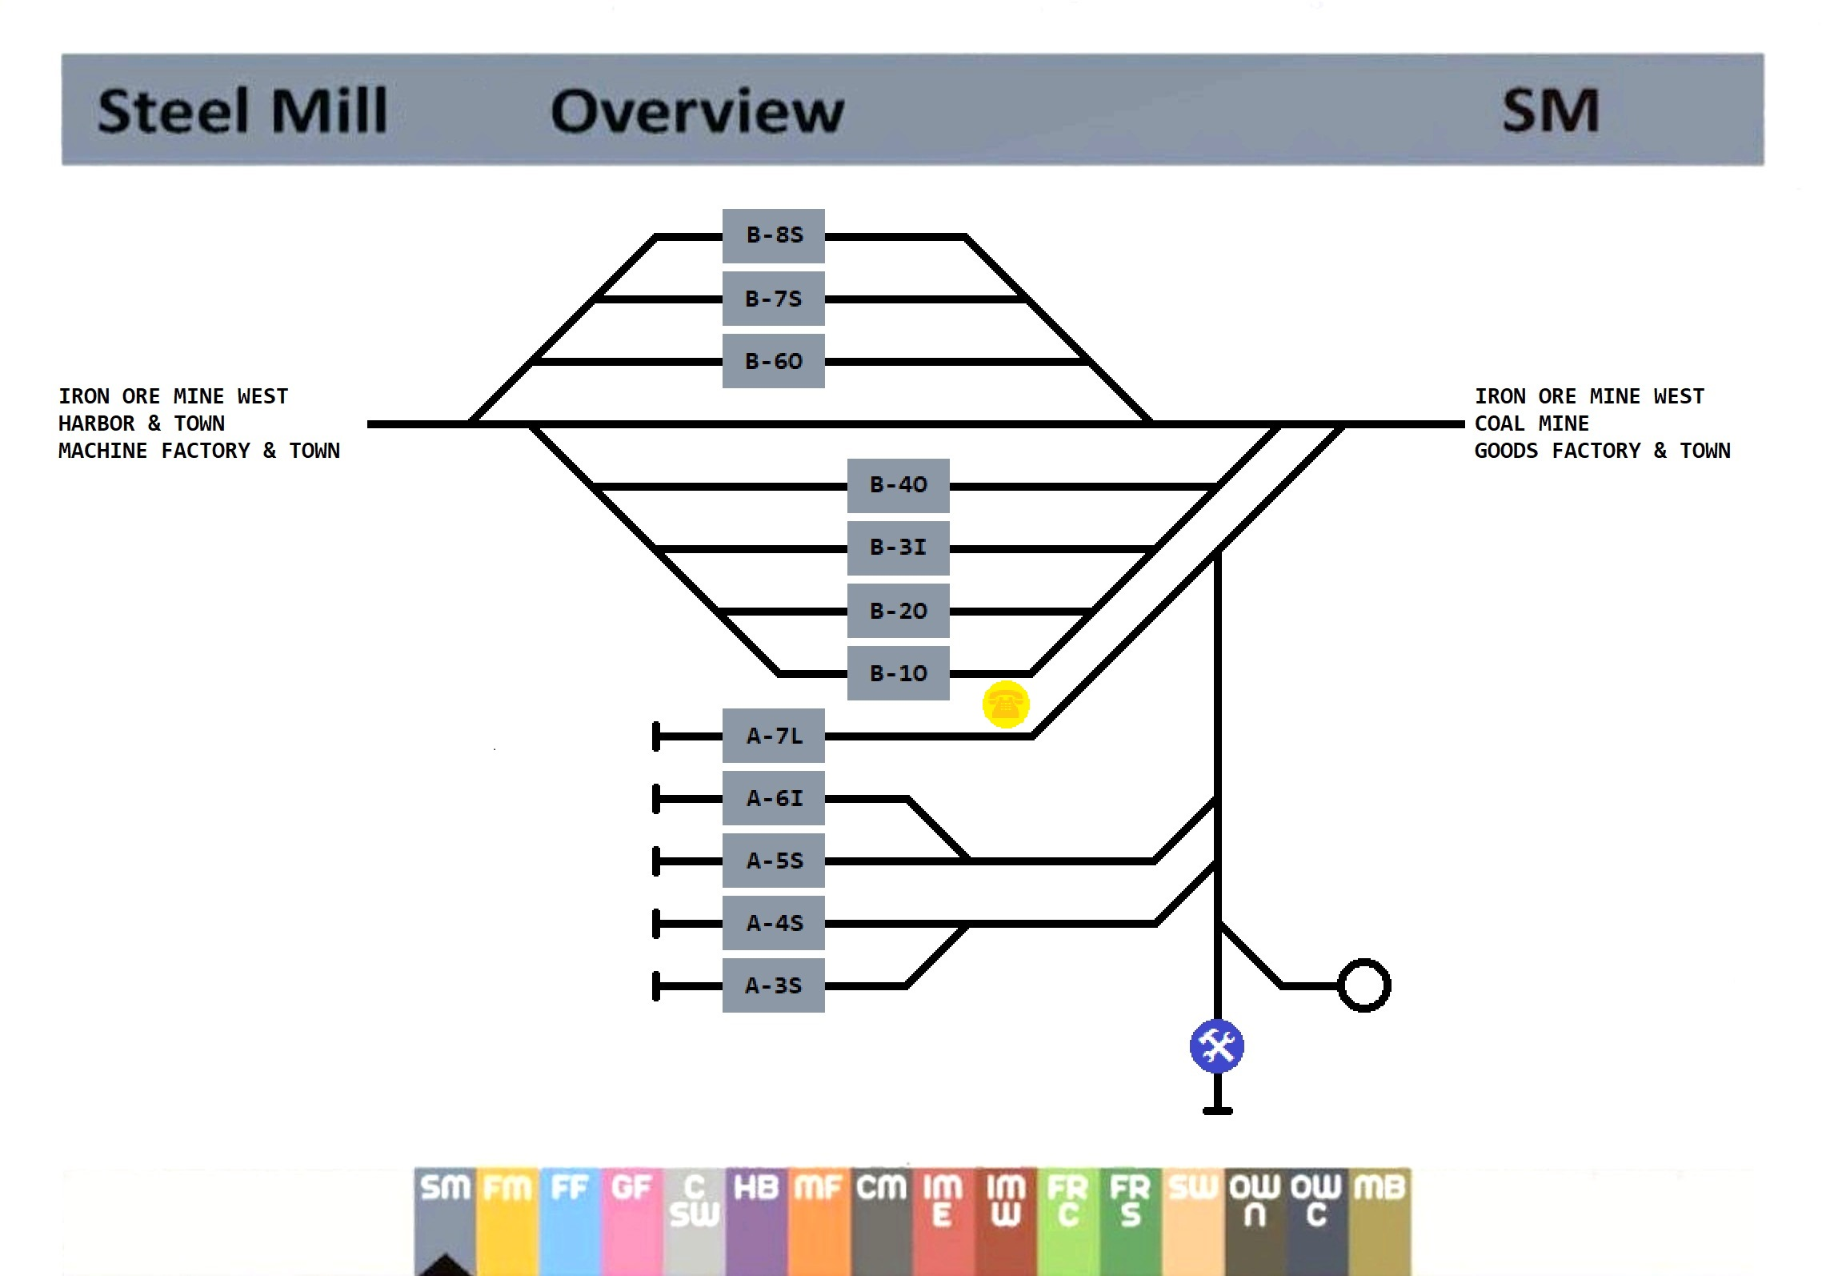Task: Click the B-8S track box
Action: [x=773, y=236]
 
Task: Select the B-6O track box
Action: [x=773, y=362]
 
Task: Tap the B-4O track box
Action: [x=898, y=485]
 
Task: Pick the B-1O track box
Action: [x=898, y=673]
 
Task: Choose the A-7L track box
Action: [x=773, y=736]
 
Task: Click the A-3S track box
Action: [x=773, y=985]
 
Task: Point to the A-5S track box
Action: [x=773, y=861]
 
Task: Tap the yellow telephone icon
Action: [x=1006, y=704]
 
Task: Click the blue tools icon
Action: [x=1216, y=1045]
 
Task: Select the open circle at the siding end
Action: [x=1364, y=985]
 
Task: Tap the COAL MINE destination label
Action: [x=1532, y=423]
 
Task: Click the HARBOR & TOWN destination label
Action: [x=142, y=423]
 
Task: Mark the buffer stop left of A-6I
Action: [x=657, y=799]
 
